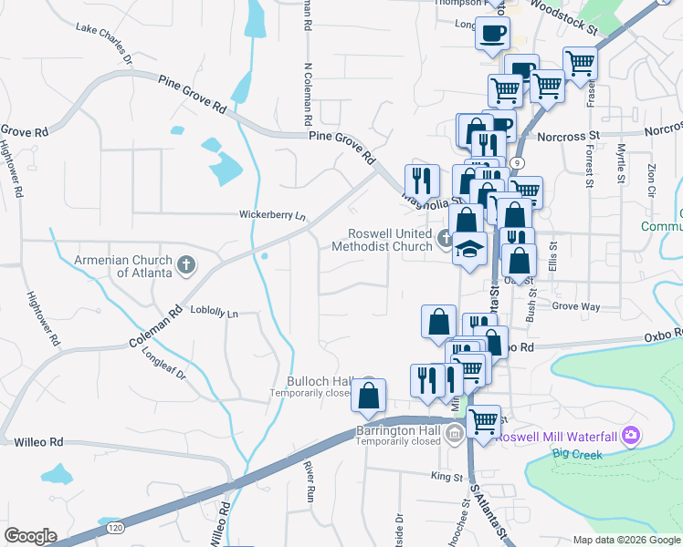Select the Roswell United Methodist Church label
(x=382, y=240)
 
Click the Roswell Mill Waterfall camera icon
(x=629, y=436)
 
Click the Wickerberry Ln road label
(x=272, y=216)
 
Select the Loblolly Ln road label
(x=214, y=312)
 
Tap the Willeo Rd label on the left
(x=37, y=442)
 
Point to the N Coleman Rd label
(x=308, y=91)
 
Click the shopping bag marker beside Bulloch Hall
(x=368, y=396)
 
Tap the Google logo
(x=30, y=536)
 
